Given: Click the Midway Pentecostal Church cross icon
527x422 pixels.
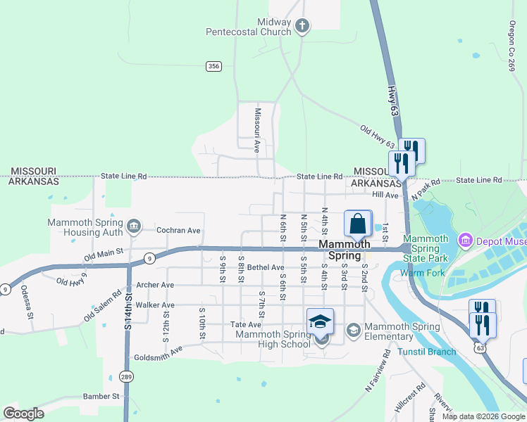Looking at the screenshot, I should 302,27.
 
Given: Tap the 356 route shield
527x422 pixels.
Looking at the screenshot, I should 214,66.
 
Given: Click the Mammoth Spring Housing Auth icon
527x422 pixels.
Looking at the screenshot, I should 134,226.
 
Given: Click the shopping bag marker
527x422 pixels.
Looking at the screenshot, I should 357,224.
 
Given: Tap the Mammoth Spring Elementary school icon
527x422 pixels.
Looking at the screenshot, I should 354,329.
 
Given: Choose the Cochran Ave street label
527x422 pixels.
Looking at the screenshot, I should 178,231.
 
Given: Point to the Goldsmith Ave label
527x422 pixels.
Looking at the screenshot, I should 158,352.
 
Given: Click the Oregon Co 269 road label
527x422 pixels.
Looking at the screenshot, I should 512,45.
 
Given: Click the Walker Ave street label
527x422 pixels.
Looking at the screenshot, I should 154,305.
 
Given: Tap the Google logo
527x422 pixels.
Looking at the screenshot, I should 23,414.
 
